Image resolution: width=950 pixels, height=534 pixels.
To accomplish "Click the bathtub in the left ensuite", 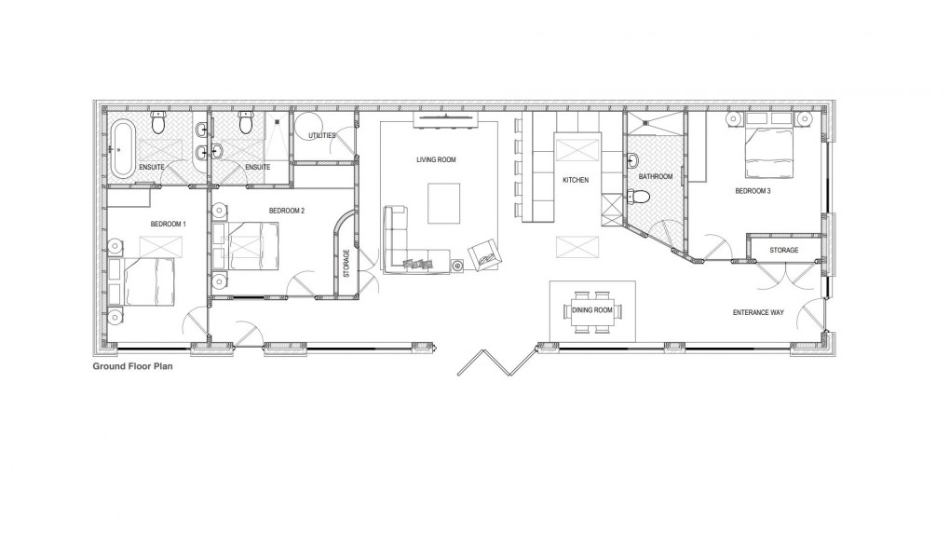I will pos(123,146).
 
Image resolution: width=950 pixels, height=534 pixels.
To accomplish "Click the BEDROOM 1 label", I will pos(169,225).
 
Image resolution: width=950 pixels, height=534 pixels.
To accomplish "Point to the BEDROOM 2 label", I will pos(287,211).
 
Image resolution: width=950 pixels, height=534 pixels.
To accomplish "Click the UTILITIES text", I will pos(322,136).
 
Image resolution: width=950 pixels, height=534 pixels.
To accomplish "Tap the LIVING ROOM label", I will pos(436,160).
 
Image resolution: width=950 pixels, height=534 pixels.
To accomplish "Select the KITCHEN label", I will pos(576,179).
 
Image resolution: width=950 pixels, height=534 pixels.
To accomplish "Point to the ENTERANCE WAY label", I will pos(757,312).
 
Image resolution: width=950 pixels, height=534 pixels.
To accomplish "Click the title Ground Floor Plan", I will pos(131,367).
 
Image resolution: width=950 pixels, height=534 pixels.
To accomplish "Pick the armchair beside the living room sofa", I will pos(483,253).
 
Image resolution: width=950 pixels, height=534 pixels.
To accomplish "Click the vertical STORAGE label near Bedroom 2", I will pos(346,263).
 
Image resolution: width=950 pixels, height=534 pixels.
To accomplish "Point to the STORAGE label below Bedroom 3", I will pos(783,251).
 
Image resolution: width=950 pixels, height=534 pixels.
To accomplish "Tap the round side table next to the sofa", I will pos(457,267).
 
